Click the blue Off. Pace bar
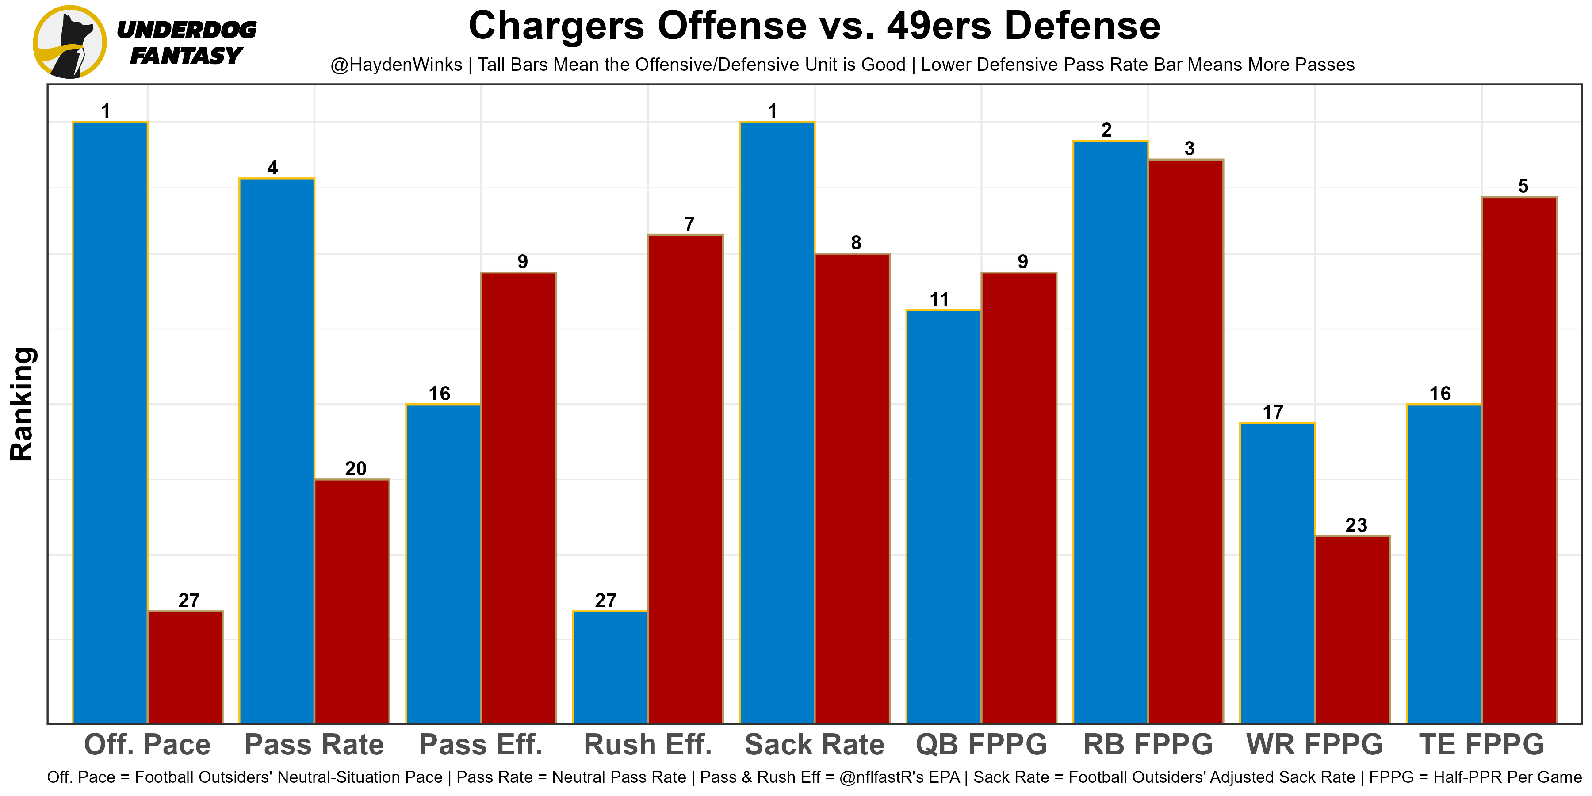110,423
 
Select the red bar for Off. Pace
185,667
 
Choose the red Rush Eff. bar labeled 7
685,479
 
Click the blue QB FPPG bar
944,517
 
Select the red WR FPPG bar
1353,630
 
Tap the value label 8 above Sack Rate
856,243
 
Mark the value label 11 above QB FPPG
939,300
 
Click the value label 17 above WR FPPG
1273,412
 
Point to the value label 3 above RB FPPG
1190,149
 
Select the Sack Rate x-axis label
815,745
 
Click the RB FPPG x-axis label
1148,745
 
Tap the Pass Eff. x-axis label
481,745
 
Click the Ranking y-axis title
22,404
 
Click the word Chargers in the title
557,26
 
